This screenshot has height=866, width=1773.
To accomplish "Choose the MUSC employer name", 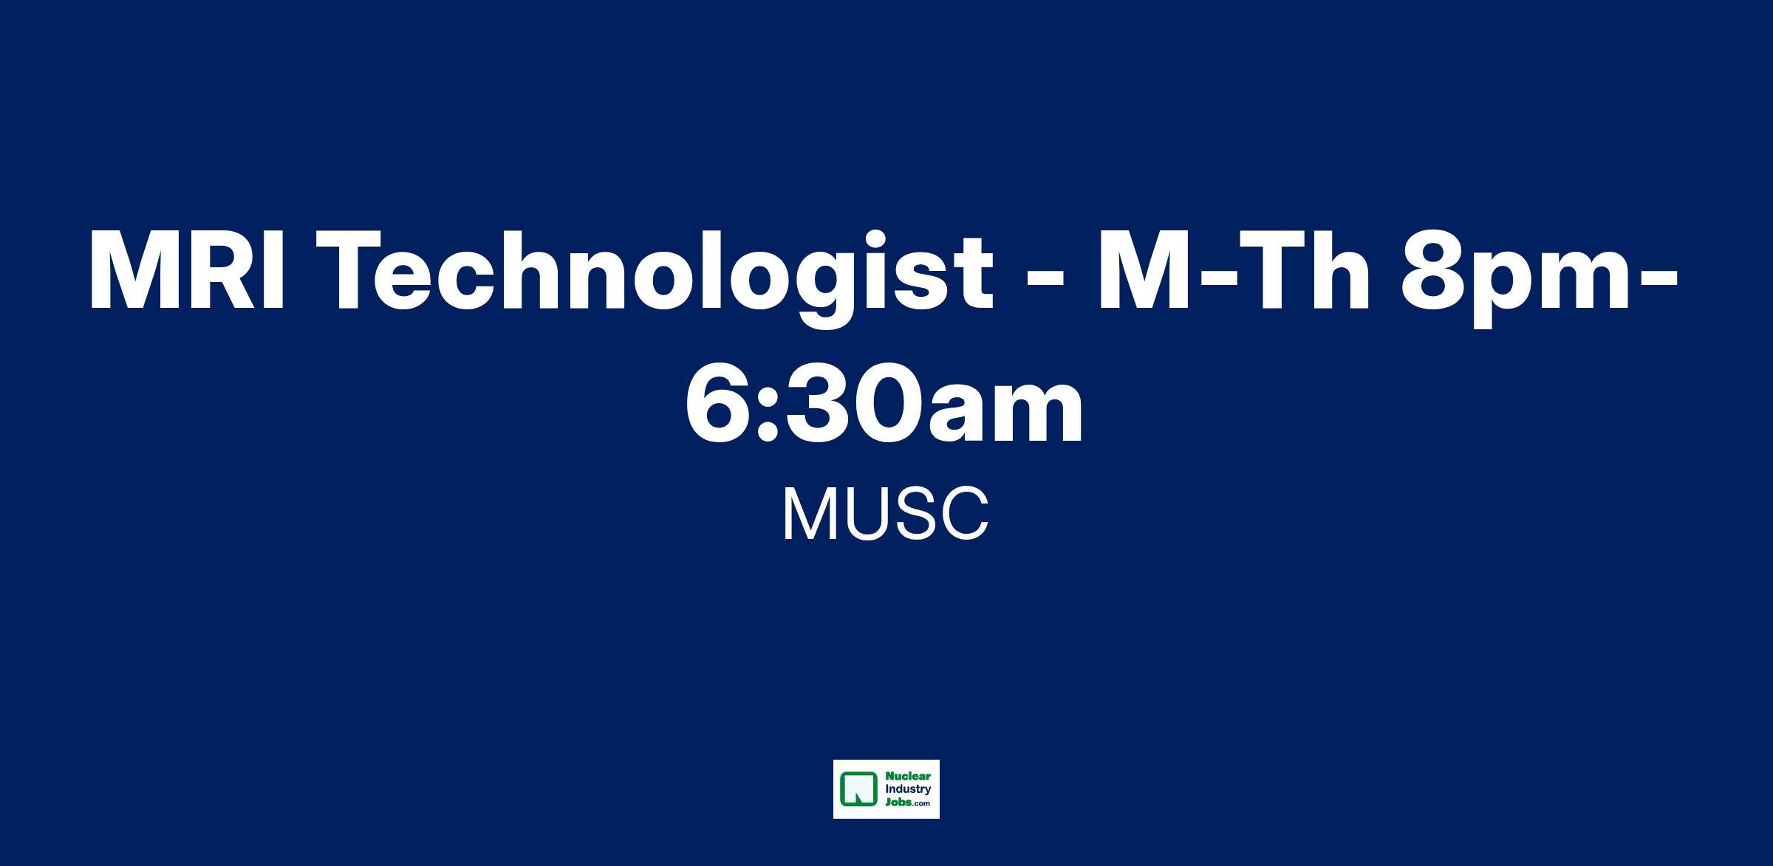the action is pos(886,515).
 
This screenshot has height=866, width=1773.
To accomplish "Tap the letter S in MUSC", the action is pos(906,515).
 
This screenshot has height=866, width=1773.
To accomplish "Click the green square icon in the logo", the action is pos(857,788).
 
